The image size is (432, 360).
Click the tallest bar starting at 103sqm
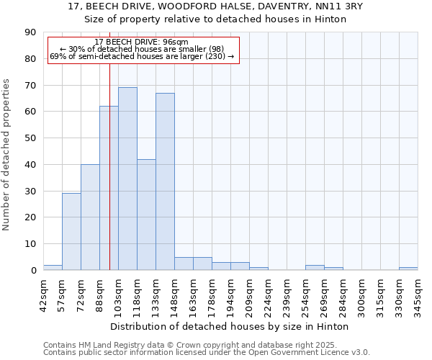[x=127, y=179]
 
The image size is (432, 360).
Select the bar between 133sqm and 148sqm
[x=165, y=181]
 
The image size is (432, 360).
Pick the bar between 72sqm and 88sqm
[x=90, y=217]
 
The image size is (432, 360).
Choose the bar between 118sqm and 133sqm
[x=146, y=215]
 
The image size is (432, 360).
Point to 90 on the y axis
[x=30, y=32]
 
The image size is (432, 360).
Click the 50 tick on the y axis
[x=30, y=138]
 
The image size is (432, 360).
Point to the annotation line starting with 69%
[x=142, y=56]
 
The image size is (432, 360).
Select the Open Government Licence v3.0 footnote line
[x=207, y=352]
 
